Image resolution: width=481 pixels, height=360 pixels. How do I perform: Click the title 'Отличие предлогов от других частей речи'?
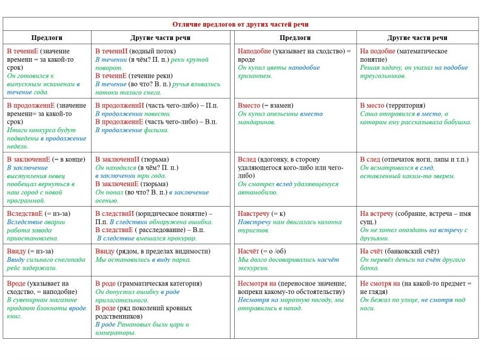coord(240,24)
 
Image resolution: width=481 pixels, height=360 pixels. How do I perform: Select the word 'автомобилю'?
coord(258,192)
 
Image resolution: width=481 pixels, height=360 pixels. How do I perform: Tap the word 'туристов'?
coord(251,230)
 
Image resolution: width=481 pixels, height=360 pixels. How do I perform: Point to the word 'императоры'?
coord(115,332)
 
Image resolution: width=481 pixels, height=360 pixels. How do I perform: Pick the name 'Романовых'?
coord(134,324)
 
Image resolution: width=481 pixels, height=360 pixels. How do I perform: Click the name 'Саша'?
coord(369,114)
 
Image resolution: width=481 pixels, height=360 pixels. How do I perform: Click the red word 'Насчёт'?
coord(249,252)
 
